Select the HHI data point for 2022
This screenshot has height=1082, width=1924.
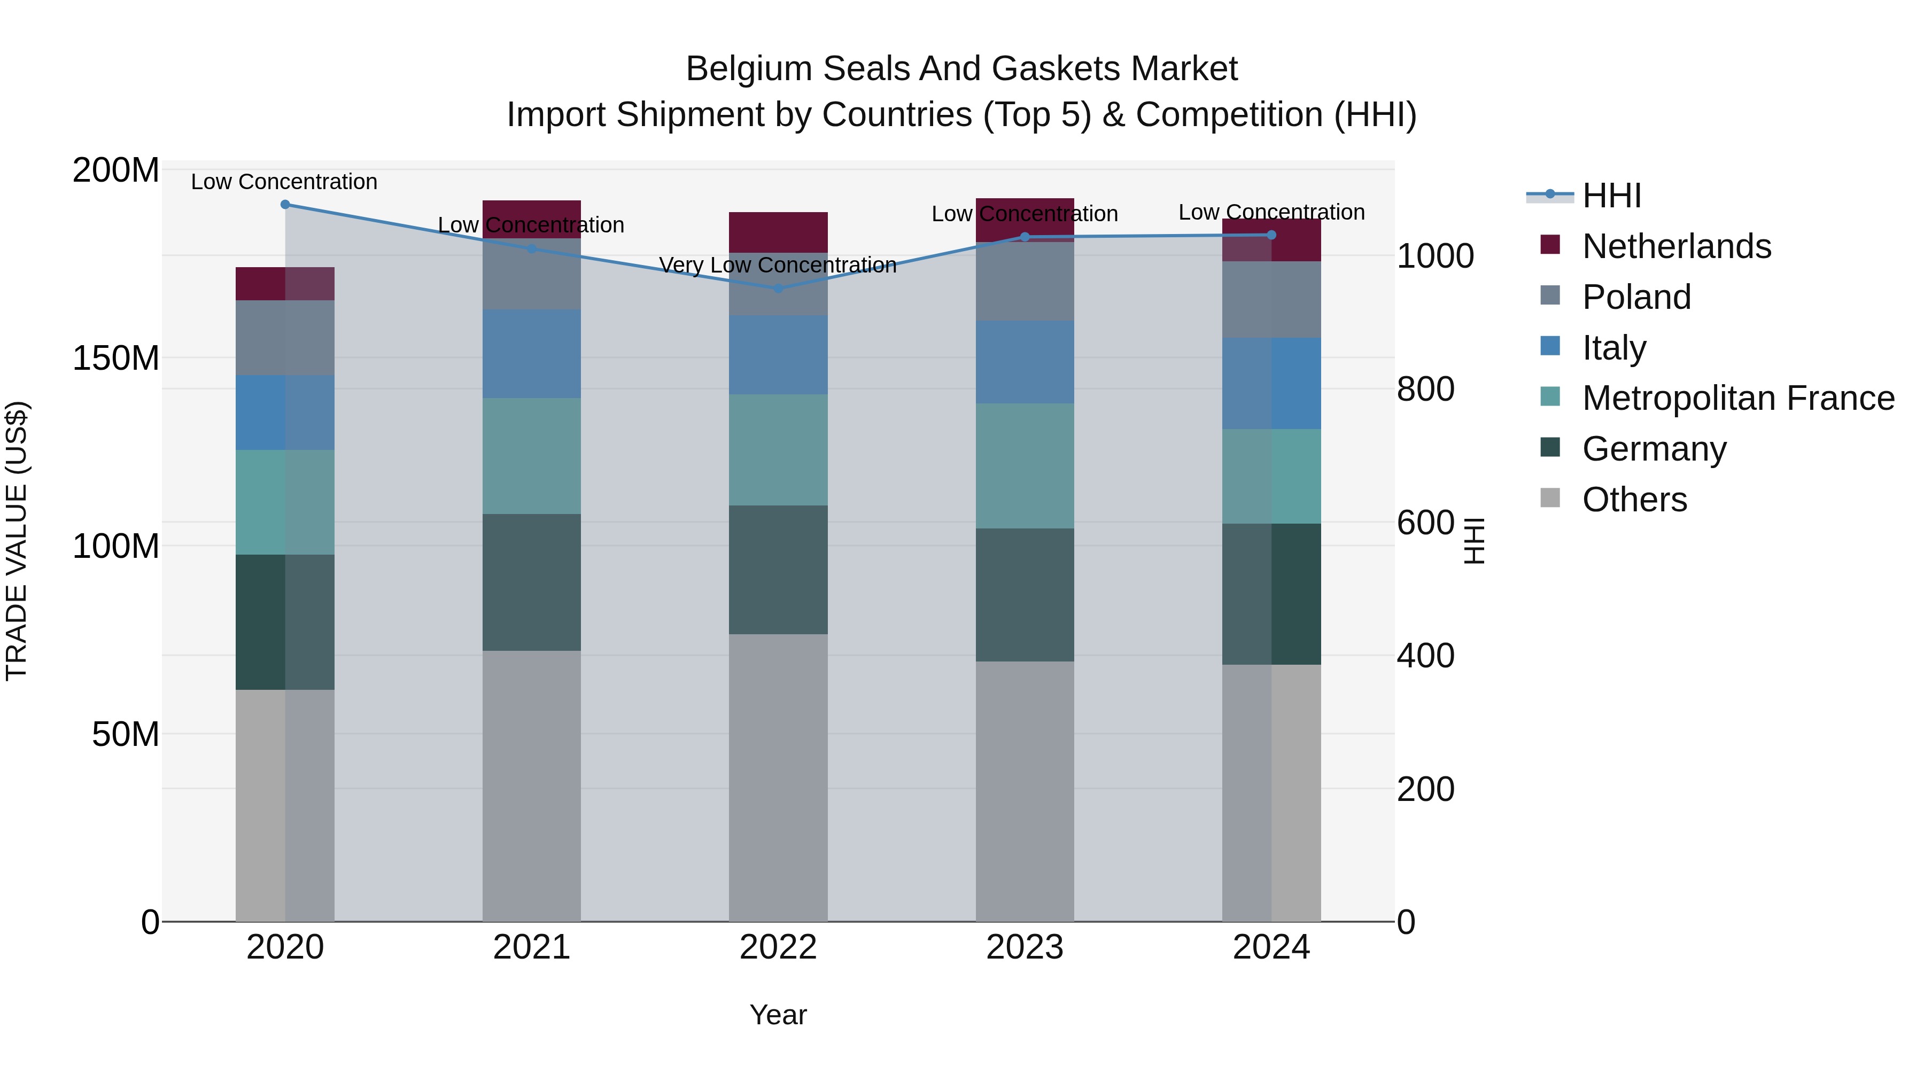[x=778, y=288]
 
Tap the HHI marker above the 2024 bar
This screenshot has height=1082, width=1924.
[x=1271, y=235]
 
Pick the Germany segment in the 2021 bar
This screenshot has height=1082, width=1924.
[x=531, y=582]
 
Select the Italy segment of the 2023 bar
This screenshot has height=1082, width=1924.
[x=1025, y=362]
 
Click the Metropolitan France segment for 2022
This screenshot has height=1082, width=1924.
[x=778, y=449]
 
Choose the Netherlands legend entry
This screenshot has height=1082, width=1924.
[x=1675, y=246]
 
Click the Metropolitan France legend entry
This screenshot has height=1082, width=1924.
[x=1737, y=398]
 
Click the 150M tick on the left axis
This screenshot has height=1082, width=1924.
[x=116, y=359]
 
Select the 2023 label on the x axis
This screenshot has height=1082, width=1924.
[x=1025, y=947]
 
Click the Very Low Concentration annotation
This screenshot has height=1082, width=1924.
[x=778, y=265]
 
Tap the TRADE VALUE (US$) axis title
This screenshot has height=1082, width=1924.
[x=17, y=541]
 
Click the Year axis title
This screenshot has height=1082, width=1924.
[x=778, y=1015]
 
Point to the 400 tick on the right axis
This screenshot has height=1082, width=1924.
[x=1425, y=656]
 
